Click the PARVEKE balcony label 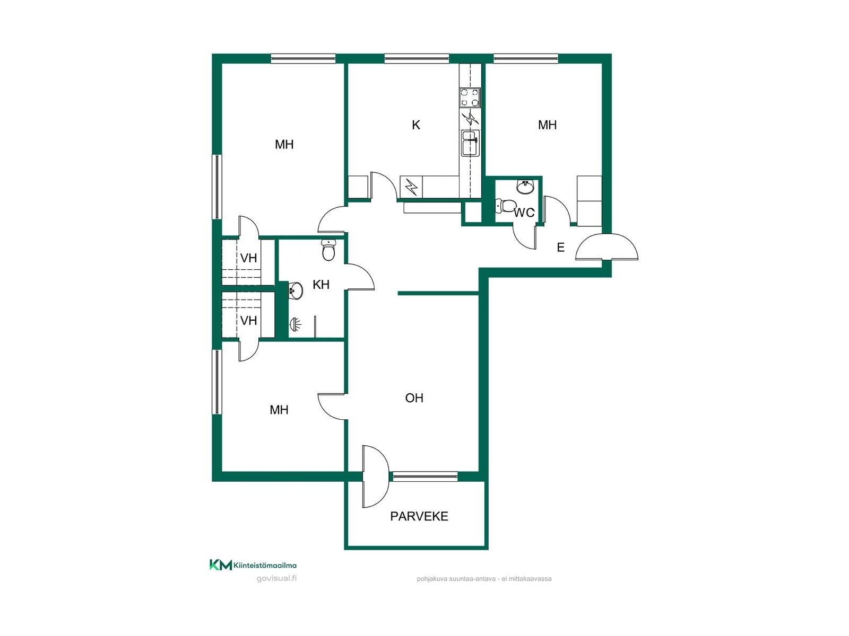pyautogui.click(x=419, y=516)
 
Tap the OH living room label pyautogui.click(x=414, y=397)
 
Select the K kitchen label pyautogui.click(x=416, y=125)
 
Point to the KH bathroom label pyautogui.click(x=320, y=285)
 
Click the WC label pyautogui.click(x=524, y=213)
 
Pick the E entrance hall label pyautogui.click(x=560, y=247)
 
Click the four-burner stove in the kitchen pyautogui.click(x=470, y=98)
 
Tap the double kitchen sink pyautogui.click(x=470, y=143)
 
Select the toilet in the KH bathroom pyautogui.click(x=328, y=250)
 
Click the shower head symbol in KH pyautogui.click(x=294, y=324)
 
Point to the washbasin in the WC pyautogui.click(x=525, y=187)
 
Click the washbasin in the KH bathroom pyautogui.click(x=296, y=290)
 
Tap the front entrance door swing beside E pyautogui.click(x=607, y=247)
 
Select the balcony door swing pyautogui.click(x=375, y=476)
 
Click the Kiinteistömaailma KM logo pyautogui.click(x=253, y=565)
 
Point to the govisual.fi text pyautogui.click(x=276, y=578)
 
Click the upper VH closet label pyautogui.click(x=248, y=258)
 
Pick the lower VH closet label pyautogui.click(x=248, y=321)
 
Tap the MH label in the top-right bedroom pyautogui.click(x=547, y=125)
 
